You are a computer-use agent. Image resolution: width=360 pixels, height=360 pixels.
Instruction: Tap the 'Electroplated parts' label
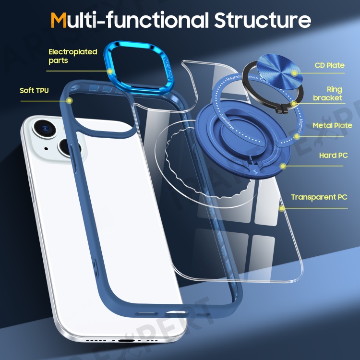[72, 56]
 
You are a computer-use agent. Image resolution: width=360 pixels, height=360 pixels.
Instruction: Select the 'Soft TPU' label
[34, 90]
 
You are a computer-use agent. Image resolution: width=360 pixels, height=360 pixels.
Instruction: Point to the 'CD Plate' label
[329, 65]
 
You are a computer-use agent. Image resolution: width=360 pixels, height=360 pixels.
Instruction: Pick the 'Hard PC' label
[333, 156]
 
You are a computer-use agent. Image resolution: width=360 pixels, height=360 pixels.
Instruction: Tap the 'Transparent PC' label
[319, 197]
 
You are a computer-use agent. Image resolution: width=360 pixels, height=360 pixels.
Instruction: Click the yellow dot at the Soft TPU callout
[70, 101]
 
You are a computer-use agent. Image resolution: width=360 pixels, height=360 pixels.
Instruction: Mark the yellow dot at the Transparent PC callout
[282, 208]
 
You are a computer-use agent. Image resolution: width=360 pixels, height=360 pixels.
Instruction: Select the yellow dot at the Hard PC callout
[284, 166]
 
